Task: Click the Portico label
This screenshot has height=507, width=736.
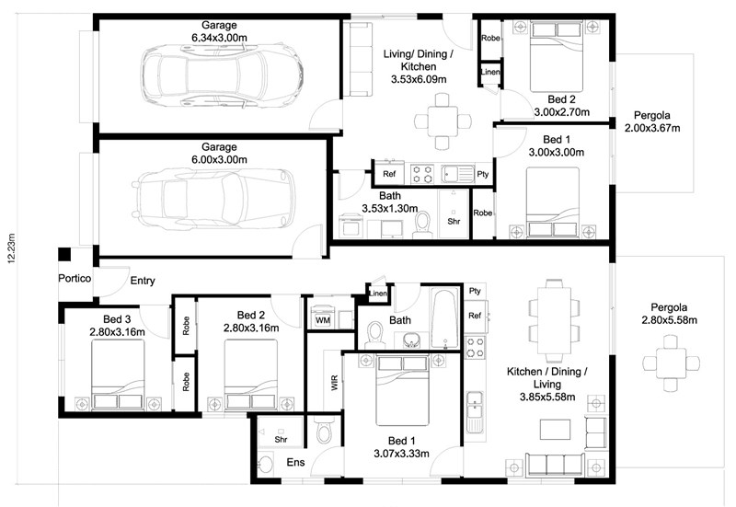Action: tap(75, 279)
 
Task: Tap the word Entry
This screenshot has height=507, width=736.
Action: tap(143, 281)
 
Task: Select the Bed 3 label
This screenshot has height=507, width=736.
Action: tap(117, 319)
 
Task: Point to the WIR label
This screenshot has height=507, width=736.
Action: tap(335, 383)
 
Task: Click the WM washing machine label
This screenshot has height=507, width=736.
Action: tap(323, 320)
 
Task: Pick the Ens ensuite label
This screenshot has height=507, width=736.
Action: tap(295, 463)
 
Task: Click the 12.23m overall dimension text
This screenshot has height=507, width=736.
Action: tap(12, 248)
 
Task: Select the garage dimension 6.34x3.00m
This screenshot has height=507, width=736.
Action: tap(219, 38)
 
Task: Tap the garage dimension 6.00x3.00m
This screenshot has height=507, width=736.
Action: tap(219, 159)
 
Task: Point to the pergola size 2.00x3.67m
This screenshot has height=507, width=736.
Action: tap(652, 128)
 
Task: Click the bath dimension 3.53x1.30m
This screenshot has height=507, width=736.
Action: tap(389, 208)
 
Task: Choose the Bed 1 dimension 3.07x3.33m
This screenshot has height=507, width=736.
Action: tap(401, 454)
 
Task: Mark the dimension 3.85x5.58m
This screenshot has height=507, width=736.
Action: tap(547, 398)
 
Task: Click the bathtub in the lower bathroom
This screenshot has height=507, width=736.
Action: tap(444, 318)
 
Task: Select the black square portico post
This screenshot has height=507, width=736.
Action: tap(64, 255)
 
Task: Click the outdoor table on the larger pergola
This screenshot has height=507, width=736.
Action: tap(672, 363)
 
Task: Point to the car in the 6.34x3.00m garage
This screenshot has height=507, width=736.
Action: tap(222, 75)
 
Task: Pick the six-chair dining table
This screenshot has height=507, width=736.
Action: tap(554, 319)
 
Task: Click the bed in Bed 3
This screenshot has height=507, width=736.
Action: tap(118, 374)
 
